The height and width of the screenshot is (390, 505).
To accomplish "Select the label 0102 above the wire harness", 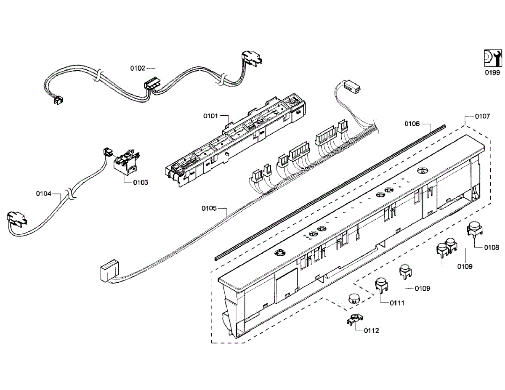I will pos(138,68).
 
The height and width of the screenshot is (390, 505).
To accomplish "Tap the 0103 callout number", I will pos(141,183).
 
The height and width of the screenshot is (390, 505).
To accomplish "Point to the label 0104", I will pos(44,194).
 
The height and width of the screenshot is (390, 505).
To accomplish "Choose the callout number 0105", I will pos(209,208).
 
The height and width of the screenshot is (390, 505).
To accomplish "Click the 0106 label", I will pos(412,124).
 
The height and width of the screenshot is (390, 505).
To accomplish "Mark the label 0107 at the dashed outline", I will pos(482,116).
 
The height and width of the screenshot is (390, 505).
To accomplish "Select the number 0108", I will pos(492,247).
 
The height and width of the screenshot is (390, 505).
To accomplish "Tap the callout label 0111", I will pos(397,303).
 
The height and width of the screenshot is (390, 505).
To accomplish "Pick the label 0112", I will pos(372,331).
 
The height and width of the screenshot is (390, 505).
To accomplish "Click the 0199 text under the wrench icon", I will pos(492,73).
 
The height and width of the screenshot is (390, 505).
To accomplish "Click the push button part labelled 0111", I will pos(382,284).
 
